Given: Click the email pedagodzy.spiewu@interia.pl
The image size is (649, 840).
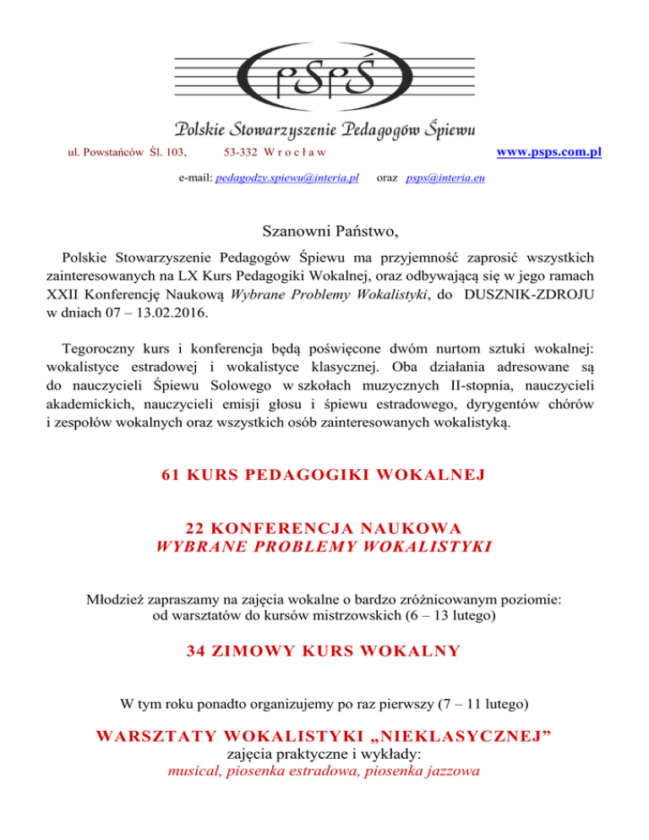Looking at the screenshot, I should [288, 179].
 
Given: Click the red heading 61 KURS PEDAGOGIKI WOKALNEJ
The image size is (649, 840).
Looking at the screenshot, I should [324, 474].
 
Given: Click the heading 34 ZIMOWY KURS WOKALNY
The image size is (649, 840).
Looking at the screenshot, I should [324, 650].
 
